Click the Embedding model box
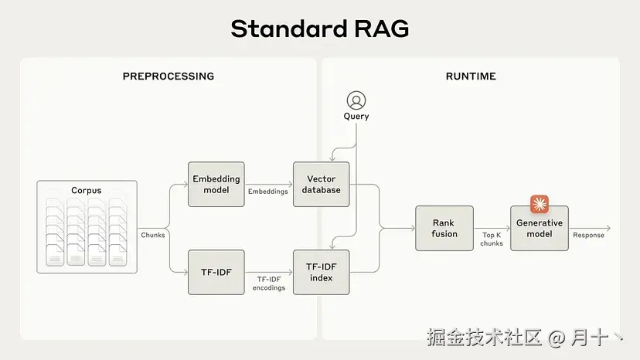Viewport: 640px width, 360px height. tap(216, 184)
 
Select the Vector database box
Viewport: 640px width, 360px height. tap(322, 184)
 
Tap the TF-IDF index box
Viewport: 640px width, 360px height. tap(322, 272)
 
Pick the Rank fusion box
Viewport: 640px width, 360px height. tap(444, 228)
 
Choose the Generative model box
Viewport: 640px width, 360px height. tap(540, 228)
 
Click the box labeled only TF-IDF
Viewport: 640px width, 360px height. tap(216, 272)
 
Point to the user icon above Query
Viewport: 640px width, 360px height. tap(356, 100)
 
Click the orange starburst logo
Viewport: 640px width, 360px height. tap(540, 204)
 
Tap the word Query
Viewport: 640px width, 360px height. tap(356, 117)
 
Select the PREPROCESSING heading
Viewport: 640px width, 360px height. tap(169, 76)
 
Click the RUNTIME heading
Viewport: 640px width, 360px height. tap(471, 76)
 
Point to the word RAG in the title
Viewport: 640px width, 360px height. tap(381, 29)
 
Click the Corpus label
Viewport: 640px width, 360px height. tap(87, 190)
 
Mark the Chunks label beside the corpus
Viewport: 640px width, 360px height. tap(153, 235)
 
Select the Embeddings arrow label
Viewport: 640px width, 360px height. tap(267, 192)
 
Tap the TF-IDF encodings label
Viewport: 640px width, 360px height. tap(268, 284)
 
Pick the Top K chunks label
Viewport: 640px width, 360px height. tap(492, 239)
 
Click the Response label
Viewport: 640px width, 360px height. tap(588, 235)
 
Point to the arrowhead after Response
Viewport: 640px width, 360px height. tap(608, 228)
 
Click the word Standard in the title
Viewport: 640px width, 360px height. tap(289, 29)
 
